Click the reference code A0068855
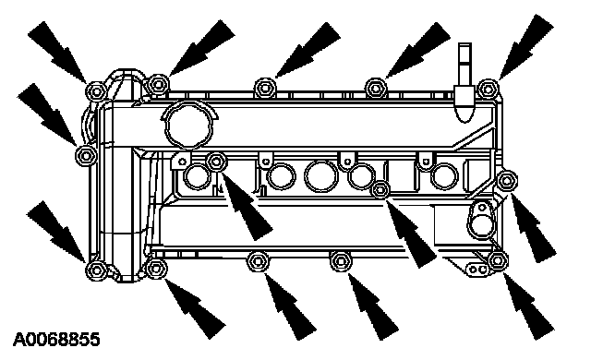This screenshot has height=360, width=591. tap(56, 340)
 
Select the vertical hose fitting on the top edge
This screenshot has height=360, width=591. tap(464, 82)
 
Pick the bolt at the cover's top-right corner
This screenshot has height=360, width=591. tap(488, 90)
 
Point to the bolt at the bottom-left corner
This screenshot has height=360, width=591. tap(96, 270)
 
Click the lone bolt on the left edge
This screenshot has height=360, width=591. tap(86, 155)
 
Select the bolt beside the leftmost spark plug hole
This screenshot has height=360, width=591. tap(216, 162)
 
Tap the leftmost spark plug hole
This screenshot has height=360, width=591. tap(197, 176)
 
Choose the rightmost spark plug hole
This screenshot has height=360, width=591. tap(444, 176)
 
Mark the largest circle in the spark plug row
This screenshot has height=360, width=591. tap(321, 176)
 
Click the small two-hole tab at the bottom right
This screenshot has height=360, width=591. tap(477, 270)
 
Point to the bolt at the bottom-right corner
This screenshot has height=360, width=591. tap(498, 260)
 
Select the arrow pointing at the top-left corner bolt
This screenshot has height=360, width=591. tap(57, 52)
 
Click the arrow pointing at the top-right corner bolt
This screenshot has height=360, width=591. tap(526, 47)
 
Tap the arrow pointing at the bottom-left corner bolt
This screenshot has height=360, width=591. tap(56, 231)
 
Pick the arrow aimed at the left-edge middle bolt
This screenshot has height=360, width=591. tap(47, 114)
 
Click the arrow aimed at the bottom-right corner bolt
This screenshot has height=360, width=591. tap(529, 306)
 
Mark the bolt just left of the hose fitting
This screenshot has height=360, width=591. tap(376, 89)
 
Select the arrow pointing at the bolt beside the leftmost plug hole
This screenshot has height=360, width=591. tap(247, 206)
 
